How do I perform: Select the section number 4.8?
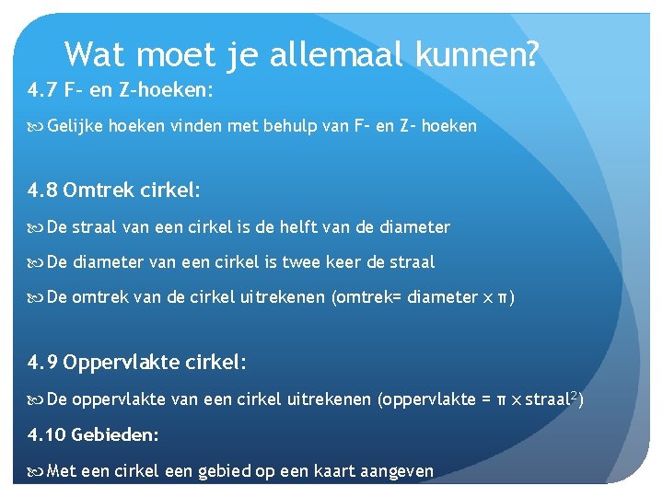coord(43,191)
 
